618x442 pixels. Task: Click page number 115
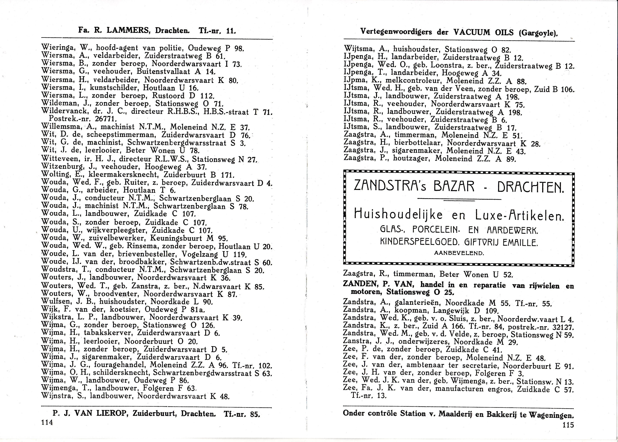(x=568, y=425)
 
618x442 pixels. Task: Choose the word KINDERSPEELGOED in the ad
(x=419, y=242)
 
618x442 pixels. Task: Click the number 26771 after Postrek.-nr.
(x=105, y=119)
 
